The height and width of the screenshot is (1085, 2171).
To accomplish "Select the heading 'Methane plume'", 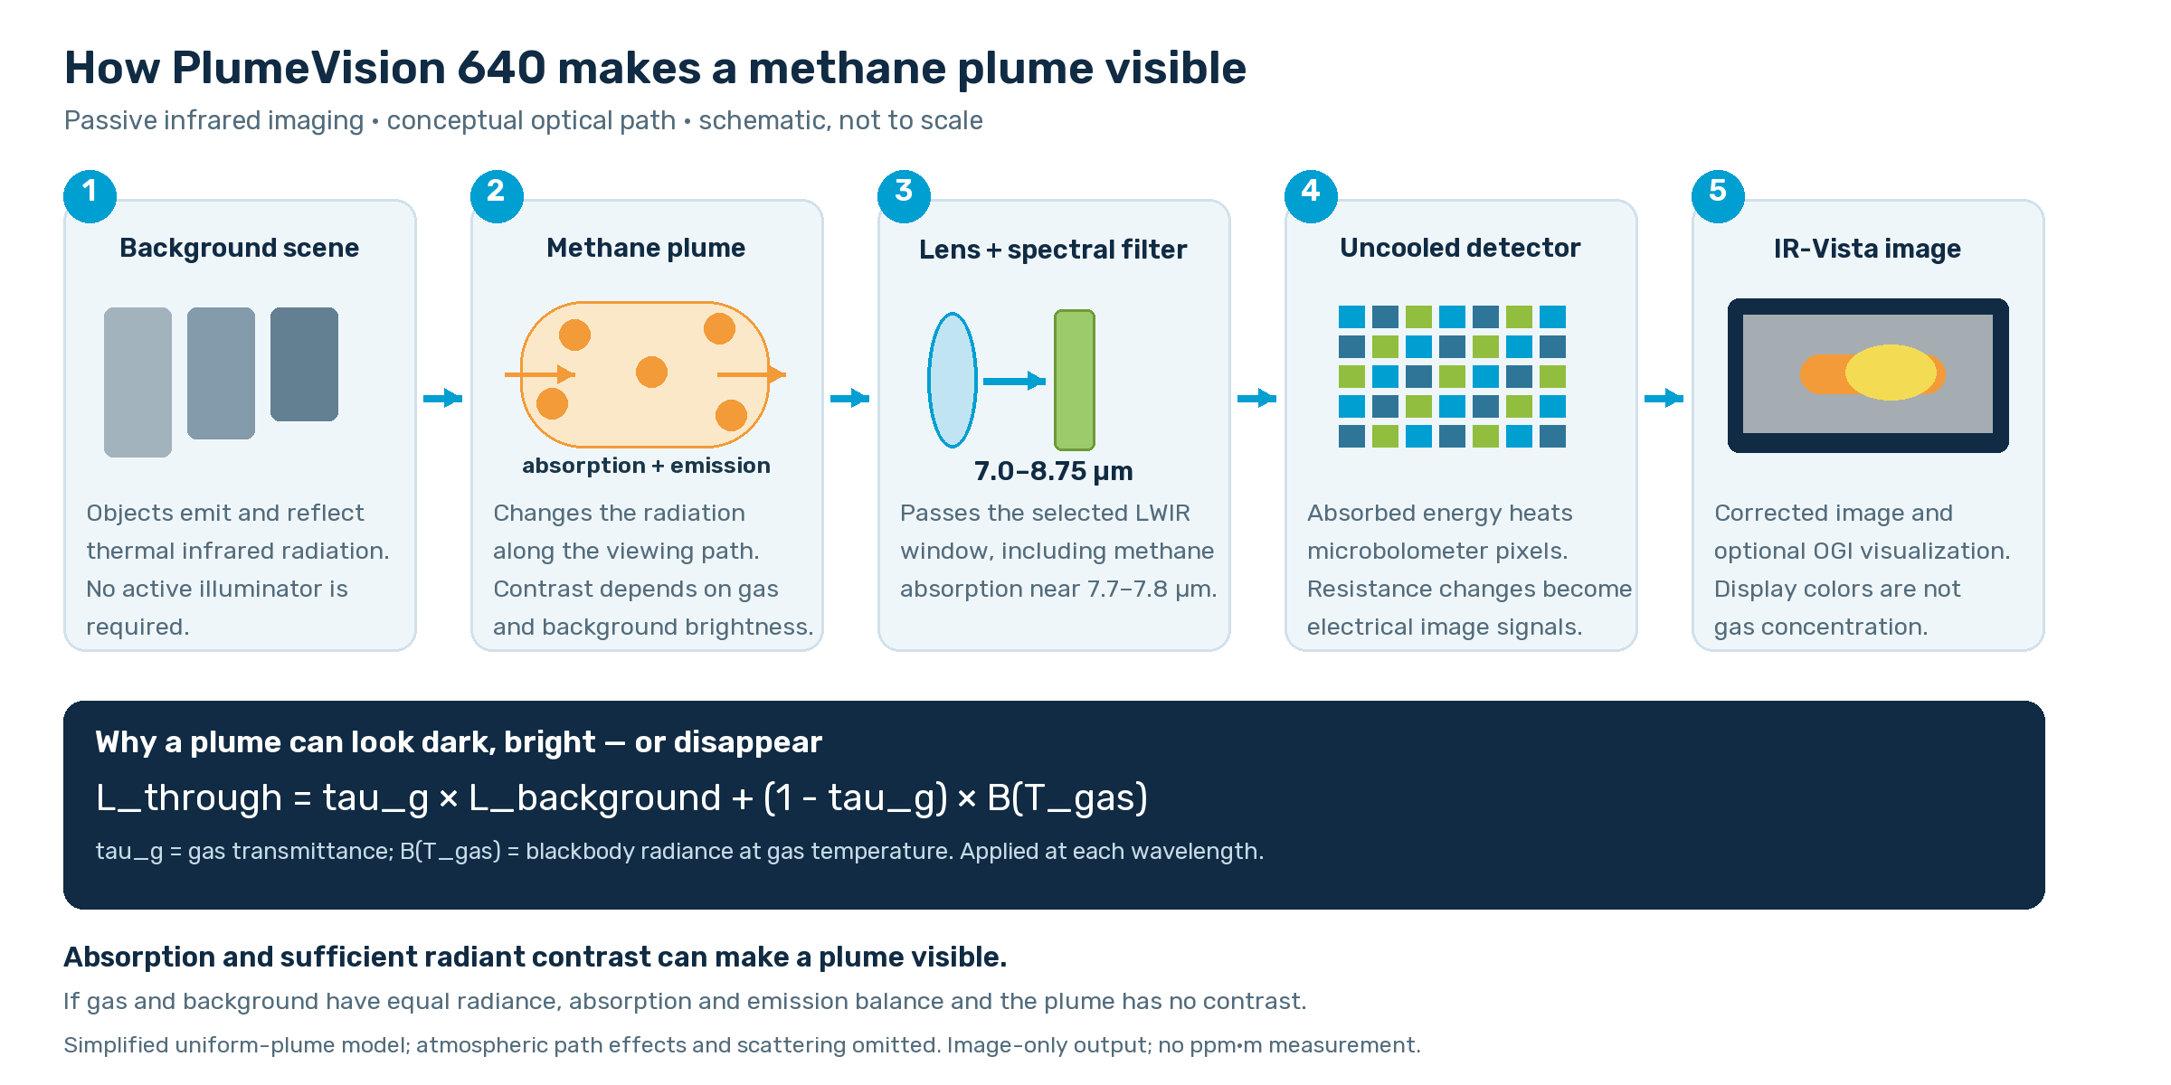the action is [x=646, y=248].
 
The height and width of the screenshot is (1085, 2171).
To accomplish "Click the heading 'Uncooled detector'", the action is [x=1460, y=248].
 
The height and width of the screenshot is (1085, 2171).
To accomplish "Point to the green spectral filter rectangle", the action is [x=1075, y=380].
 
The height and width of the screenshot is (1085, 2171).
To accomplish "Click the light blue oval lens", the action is [x=953, y=380].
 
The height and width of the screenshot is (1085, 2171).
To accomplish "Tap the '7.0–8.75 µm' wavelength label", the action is [x=1053, y=471].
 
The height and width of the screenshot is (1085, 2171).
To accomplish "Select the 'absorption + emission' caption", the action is [x=646, y=466].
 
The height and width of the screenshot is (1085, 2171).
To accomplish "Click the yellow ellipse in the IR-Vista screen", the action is [x=1891, y=373].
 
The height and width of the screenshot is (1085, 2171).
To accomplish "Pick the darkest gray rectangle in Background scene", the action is [x=304, y=364].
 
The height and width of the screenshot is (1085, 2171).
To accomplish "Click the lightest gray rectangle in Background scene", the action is [x=137, y=382].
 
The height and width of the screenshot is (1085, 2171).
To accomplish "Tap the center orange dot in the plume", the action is [x=651, y=372].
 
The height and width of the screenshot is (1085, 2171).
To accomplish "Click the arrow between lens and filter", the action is [x=1014, y=382].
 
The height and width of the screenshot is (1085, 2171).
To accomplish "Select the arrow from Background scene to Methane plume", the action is [x=443, y=398].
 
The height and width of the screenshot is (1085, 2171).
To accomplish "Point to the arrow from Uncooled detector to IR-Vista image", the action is [x=1664, y=398].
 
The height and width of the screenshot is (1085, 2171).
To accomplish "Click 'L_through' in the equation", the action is [x=189, y=797].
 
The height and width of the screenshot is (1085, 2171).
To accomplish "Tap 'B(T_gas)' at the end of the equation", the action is [x=1067, y=797].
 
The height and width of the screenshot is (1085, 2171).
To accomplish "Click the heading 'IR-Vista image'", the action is [x=1867, y=249].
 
